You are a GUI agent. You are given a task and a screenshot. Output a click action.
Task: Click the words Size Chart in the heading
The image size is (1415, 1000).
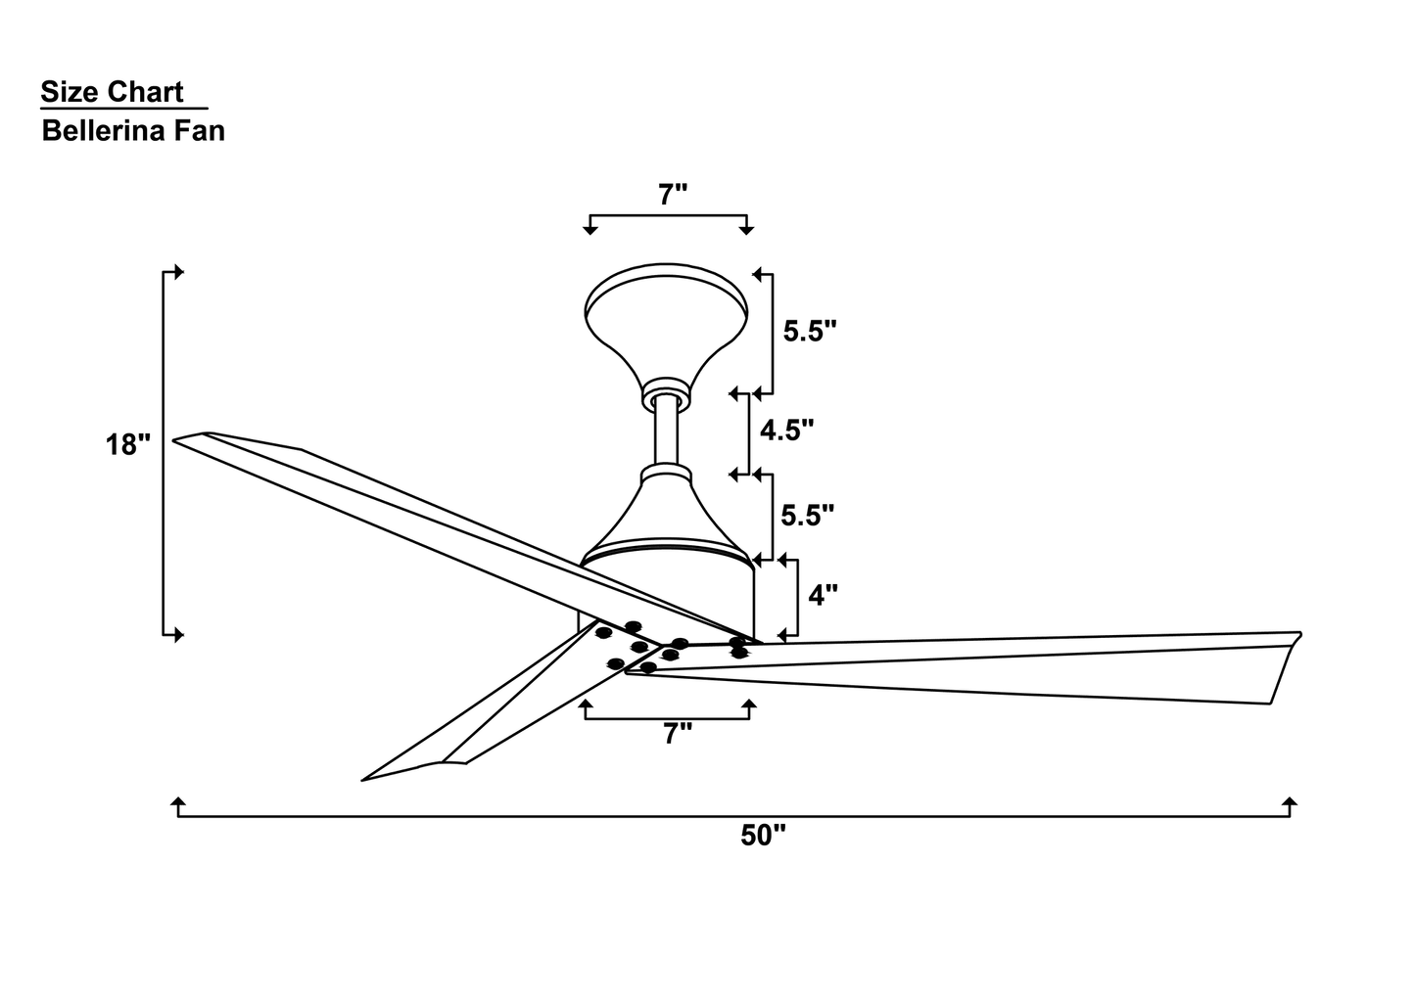pos(112,92)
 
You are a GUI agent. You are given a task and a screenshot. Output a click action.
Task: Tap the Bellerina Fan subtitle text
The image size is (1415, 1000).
pos(133,131)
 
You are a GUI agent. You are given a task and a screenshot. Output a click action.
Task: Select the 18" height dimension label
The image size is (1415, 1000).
pos(128,445)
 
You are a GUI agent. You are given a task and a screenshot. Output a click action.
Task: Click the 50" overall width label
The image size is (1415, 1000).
pos(764,836)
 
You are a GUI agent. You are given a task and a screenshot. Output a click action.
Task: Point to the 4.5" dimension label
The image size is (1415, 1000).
pos(786,430)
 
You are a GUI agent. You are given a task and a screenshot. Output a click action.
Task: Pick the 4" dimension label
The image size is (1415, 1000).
pos(822,594)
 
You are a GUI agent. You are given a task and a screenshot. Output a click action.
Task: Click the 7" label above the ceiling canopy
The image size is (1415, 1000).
pos(672,195)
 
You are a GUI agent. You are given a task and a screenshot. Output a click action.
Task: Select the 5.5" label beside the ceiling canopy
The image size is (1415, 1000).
pos(810,332)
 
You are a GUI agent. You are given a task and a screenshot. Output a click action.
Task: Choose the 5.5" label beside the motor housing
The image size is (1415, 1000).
pos(808,515)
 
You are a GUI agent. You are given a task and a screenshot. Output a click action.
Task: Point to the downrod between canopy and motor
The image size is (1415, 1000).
pos(667,431)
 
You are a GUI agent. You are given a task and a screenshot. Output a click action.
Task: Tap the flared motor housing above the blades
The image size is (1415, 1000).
pos(667,519)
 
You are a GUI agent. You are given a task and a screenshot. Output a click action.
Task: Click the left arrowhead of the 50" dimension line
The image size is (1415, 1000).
pos(178,804)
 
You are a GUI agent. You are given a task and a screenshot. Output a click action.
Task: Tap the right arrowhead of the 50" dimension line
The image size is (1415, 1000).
pos(1290,804)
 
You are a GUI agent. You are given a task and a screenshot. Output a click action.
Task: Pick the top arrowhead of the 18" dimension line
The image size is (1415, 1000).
pos(178,272)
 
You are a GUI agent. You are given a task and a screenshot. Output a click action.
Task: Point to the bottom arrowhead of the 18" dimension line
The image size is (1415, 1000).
pos(178,635)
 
